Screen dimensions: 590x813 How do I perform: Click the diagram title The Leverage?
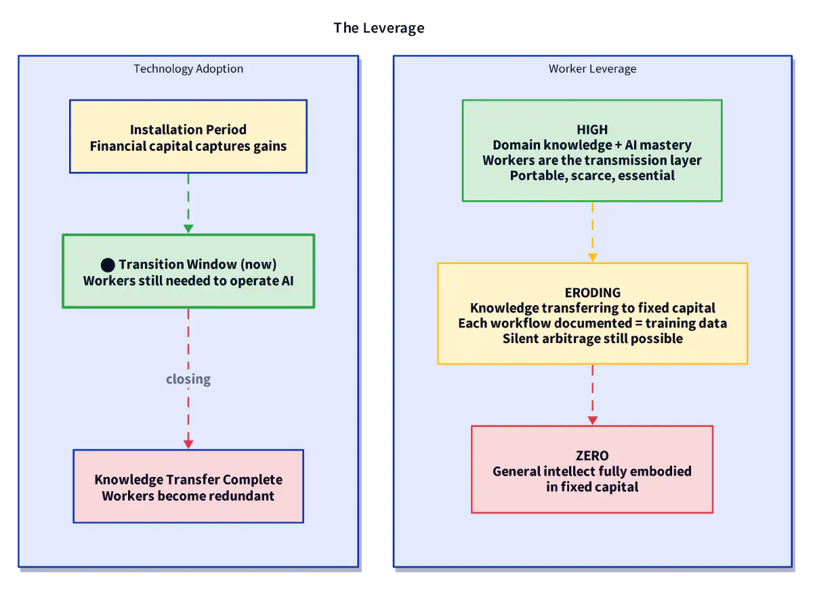click(x=379, y=28)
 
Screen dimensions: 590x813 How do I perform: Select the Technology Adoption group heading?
click(x=188, y=69)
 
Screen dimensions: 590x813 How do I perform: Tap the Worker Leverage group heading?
click(x=592, y=69)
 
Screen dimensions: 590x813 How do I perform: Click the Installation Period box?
click(x=188, y=137)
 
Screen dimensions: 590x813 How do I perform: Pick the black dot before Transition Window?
click(x=108, y=265)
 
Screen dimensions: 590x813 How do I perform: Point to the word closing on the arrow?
click(x=188, y=379)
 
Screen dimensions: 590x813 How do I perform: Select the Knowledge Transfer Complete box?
click(x=188, y=486)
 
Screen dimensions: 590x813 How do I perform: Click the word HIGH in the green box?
click(x=592, y=129)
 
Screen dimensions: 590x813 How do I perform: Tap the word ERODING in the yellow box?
click(x=592, y=292)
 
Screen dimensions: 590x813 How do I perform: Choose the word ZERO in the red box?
click(x=592, y=456)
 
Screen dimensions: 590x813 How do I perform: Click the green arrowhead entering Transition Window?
click(x=188, y=229)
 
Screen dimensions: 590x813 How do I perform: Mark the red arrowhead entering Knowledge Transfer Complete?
click(x=188, y=445)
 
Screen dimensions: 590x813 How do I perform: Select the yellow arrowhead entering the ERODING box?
click(x=592, y=258)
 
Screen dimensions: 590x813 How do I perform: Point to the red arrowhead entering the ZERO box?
click(x=592, y=420)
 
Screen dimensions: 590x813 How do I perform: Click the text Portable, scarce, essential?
click(x=592, y=175)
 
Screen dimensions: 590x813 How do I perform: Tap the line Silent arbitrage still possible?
click(x=592, y=338)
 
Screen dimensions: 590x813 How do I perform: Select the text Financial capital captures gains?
click(x=188, y=146)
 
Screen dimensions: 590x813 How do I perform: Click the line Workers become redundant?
click(x=188, y=496)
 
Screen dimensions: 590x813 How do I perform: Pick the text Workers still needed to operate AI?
click(x=188, y=281)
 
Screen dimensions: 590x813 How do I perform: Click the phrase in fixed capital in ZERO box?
click(x=592, y=486)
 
